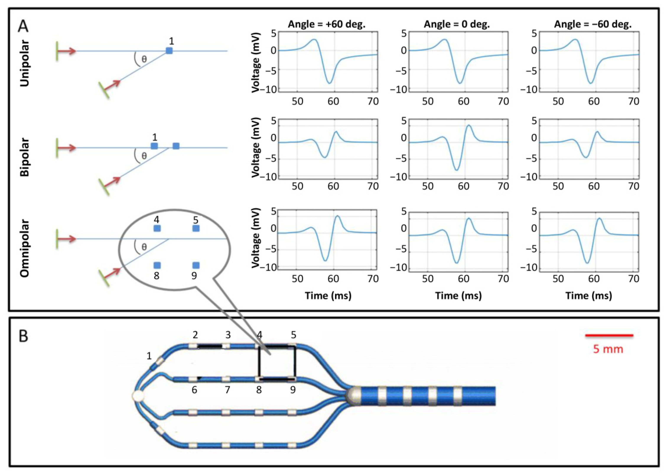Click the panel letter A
click(x=23, y=26)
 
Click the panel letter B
click(x=23, y=336)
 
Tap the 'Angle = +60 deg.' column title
click(x=327, y=24)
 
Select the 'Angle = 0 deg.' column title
click(x=457, y=24)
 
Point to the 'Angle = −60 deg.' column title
click(x=593, y=24)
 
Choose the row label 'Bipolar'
click(x=25, y=157)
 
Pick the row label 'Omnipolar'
click(x=25, y=248)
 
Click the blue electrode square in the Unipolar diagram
click(x=169, y=51)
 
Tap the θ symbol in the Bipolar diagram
click(x=144, y=156)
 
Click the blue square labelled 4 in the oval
click(x=157, y=228)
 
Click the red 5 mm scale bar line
click(x=609, y=335)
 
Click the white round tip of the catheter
click(x=138, y=396)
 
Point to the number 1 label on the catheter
click(x=149, y=356)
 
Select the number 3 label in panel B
click(x=228, y=335)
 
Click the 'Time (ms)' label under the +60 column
click(x=328, y=296)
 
